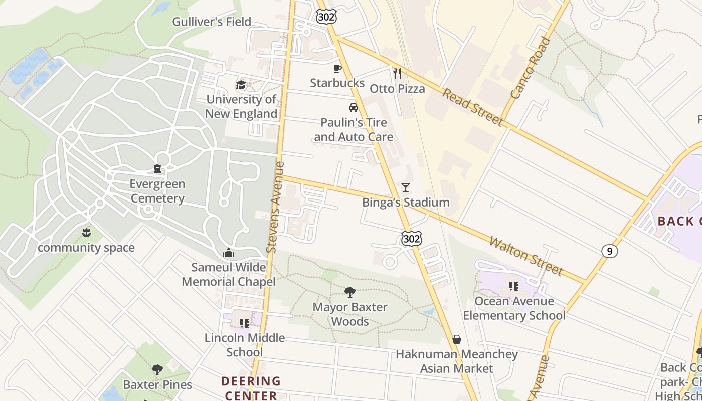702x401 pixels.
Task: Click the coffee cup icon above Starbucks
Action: coord(337,69)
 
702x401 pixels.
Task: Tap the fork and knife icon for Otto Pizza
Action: coord(397,74)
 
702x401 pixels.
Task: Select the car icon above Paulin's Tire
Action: coord(354,108)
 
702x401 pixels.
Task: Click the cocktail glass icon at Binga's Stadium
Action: coord(406,187)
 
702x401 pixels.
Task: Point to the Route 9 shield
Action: coord(609,251)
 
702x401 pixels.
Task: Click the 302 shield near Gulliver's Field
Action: coord(326,17)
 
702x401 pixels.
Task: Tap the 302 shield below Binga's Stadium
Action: coord(411,239)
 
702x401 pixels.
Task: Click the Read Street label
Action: coord(472,107)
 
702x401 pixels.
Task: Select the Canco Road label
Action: coord(531,68)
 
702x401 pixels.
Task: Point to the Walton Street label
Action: coord(526,256)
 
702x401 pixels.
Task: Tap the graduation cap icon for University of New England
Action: coord(241,85)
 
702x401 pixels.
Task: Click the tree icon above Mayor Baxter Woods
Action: coord(350,292)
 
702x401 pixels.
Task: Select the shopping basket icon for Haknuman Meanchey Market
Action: coord(456,339)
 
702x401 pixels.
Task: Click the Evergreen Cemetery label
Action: coord(157,191)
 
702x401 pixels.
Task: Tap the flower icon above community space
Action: coord(86,232)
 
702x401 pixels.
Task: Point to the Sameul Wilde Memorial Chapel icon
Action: coord(229,252)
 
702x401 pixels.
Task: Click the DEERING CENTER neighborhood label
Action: coord(251,388)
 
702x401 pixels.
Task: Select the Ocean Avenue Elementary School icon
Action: coord(514,286)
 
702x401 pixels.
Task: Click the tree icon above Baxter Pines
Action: coord(157,370)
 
